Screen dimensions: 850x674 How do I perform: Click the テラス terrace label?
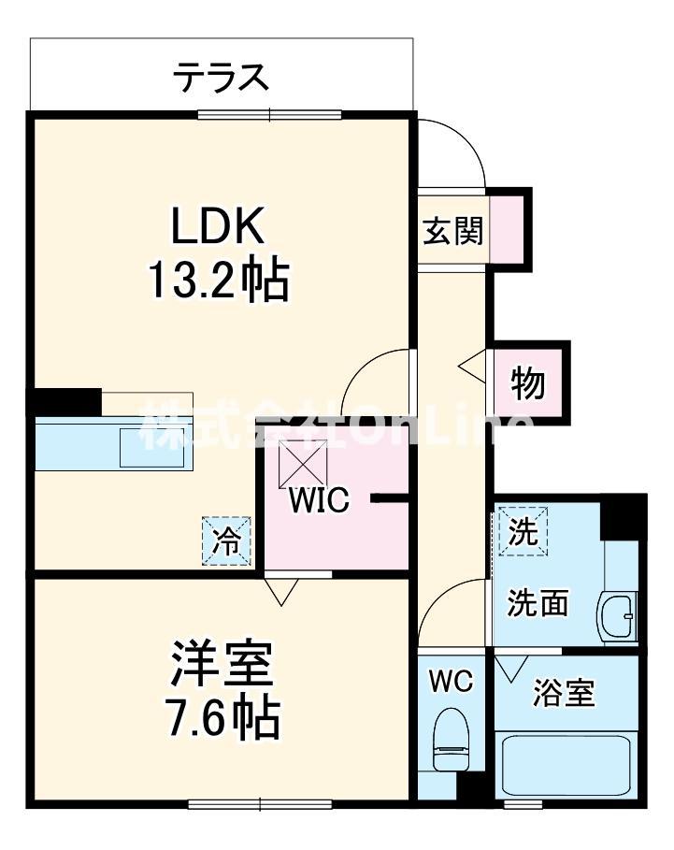(x=221, y=76)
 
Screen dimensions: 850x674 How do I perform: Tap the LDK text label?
(x=219, y=226)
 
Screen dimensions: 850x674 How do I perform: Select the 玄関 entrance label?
(x=452, y=231)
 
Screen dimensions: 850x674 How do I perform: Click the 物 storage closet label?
(x=528, y=383)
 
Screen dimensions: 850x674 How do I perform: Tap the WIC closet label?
(x=319, y=500)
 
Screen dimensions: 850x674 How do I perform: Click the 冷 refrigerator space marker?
(x=228, y=541)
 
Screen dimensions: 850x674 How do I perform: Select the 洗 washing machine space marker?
(x=523, y=531)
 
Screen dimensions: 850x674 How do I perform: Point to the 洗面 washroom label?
(x=538, y=604)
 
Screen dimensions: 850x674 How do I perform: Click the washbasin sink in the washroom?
(x=618, y=617)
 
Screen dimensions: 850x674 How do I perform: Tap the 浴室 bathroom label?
(x=564, y=694)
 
